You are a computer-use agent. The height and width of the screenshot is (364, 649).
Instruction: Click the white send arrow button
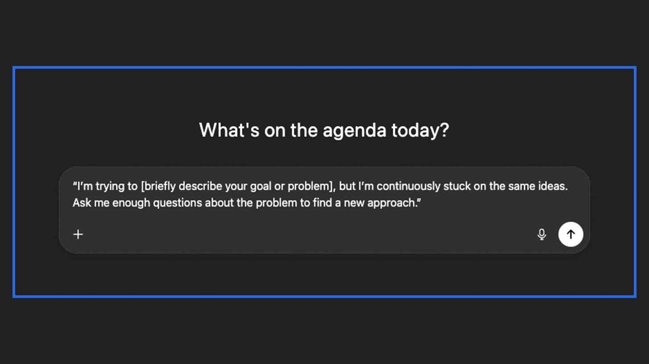(571, 234)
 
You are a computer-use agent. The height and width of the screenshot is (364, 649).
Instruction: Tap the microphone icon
(542, 234)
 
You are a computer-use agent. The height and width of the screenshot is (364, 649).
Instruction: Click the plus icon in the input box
(78, 234)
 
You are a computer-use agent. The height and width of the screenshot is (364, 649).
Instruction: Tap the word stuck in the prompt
(457, 186)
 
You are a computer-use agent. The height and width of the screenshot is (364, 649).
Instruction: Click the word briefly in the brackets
(160, 186)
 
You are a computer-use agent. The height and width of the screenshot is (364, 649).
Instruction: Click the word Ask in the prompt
(82, 203)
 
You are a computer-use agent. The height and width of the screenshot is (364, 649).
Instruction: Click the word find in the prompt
(322, 203)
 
